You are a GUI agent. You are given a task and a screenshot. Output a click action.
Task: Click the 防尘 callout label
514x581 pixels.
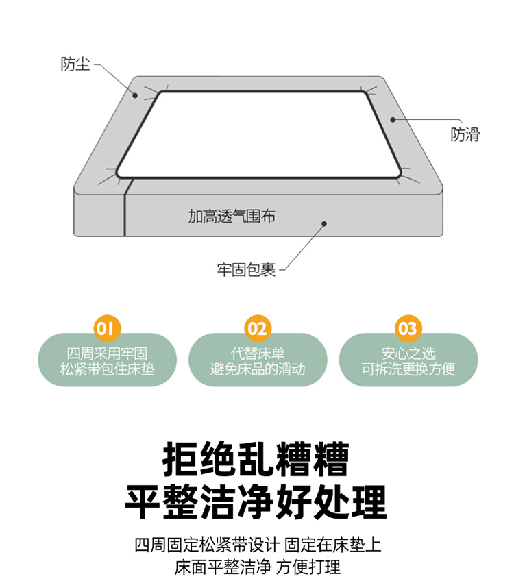pyautogui.click(x=75, y=64)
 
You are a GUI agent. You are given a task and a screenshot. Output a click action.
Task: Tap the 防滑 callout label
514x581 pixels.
pyautogui.click(x=465, y=134)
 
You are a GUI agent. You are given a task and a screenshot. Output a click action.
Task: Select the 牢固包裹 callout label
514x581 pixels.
pyautogui.click(x=247, y=270)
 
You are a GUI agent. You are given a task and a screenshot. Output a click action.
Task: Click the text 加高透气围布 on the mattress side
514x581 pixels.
pyautogui.click(x=232, y=217)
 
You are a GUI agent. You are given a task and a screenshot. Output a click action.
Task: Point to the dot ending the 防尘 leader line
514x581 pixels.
pyautogui.click(x=135, y=95)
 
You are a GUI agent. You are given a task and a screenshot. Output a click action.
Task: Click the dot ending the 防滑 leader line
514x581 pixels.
pyautogui.click(x=393, y=119)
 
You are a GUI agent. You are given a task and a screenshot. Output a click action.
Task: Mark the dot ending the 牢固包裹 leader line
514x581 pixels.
pyautogui.click(x=324, y=223)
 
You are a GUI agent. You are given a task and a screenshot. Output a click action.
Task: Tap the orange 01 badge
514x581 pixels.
pyautogui.click(x=107, y=328)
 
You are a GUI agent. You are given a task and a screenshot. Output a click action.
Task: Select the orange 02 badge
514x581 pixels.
pyautogui.click(x=258, y=328)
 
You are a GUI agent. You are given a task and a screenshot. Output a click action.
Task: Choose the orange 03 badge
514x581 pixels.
pyautogui.click(x=408, y=328)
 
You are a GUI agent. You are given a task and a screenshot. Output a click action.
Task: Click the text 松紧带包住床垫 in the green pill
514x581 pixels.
pyautogui.click(x=107, y=369)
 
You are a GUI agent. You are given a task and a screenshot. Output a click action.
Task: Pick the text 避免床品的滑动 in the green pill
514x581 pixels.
pyautogui.click(x=258, y=369)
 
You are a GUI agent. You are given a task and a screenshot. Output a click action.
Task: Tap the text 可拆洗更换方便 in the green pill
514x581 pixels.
pyautogui.click(x=408, y=369)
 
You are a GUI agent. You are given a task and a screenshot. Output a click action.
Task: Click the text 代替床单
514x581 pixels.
pyautogui.click(x=258, y=354)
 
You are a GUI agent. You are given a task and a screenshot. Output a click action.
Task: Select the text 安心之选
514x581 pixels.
pyautogui.click(x=408, y=354)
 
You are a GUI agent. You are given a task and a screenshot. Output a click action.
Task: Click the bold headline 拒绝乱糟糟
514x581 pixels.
pyautogui.click(x=256, y=459)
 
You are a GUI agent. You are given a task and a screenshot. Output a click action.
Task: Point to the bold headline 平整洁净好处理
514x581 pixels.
pyautogui.click(x=256, y=502)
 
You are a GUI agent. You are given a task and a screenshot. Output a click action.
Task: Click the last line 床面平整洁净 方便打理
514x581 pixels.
pyautogui.click(x=258, y=567)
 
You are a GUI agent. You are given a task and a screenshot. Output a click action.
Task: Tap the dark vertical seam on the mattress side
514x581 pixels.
pyautogui.click(x=125, y=208)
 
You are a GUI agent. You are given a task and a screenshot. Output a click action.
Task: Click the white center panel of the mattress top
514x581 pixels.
pyautogui.click(x=258, y=134)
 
